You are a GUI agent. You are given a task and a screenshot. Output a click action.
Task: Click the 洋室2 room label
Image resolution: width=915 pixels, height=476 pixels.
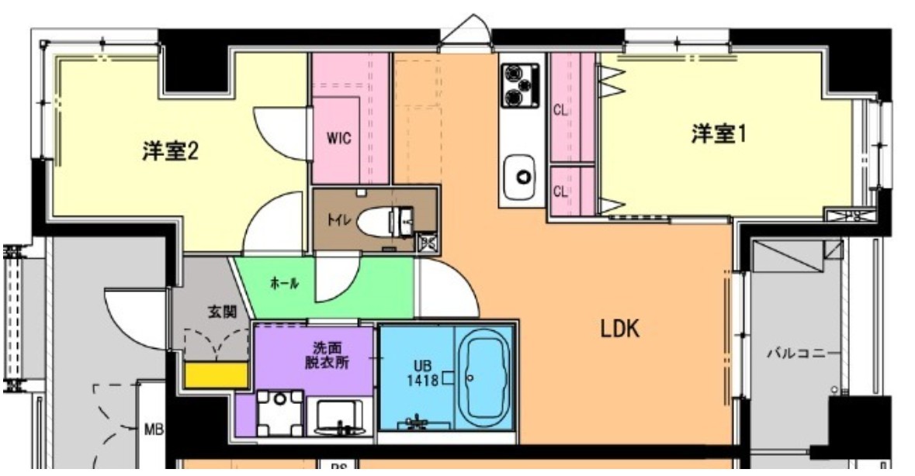point(169,150)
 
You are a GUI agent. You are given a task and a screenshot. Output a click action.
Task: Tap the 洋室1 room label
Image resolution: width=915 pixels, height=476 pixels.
point(719,134)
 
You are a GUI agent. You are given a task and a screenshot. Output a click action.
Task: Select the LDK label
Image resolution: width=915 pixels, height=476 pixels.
point(619,330)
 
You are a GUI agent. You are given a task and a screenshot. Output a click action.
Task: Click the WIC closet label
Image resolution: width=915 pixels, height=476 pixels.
point(338,139)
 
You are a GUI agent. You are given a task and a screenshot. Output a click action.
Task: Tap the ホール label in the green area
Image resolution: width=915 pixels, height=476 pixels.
point(284,285)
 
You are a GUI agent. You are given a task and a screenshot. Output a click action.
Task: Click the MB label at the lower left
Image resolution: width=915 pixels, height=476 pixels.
point(152,429)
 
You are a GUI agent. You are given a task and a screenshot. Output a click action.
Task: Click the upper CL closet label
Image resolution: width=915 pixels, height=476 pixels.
point(560,110)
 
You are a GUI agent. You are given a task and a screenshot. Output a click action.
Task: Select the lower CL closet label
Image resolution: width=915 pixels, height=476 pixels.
point(560,191)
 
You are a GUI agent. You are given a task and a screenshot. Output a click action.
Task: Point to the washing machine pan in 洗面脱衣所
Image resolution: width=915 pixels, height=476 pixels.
point(279,412)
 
